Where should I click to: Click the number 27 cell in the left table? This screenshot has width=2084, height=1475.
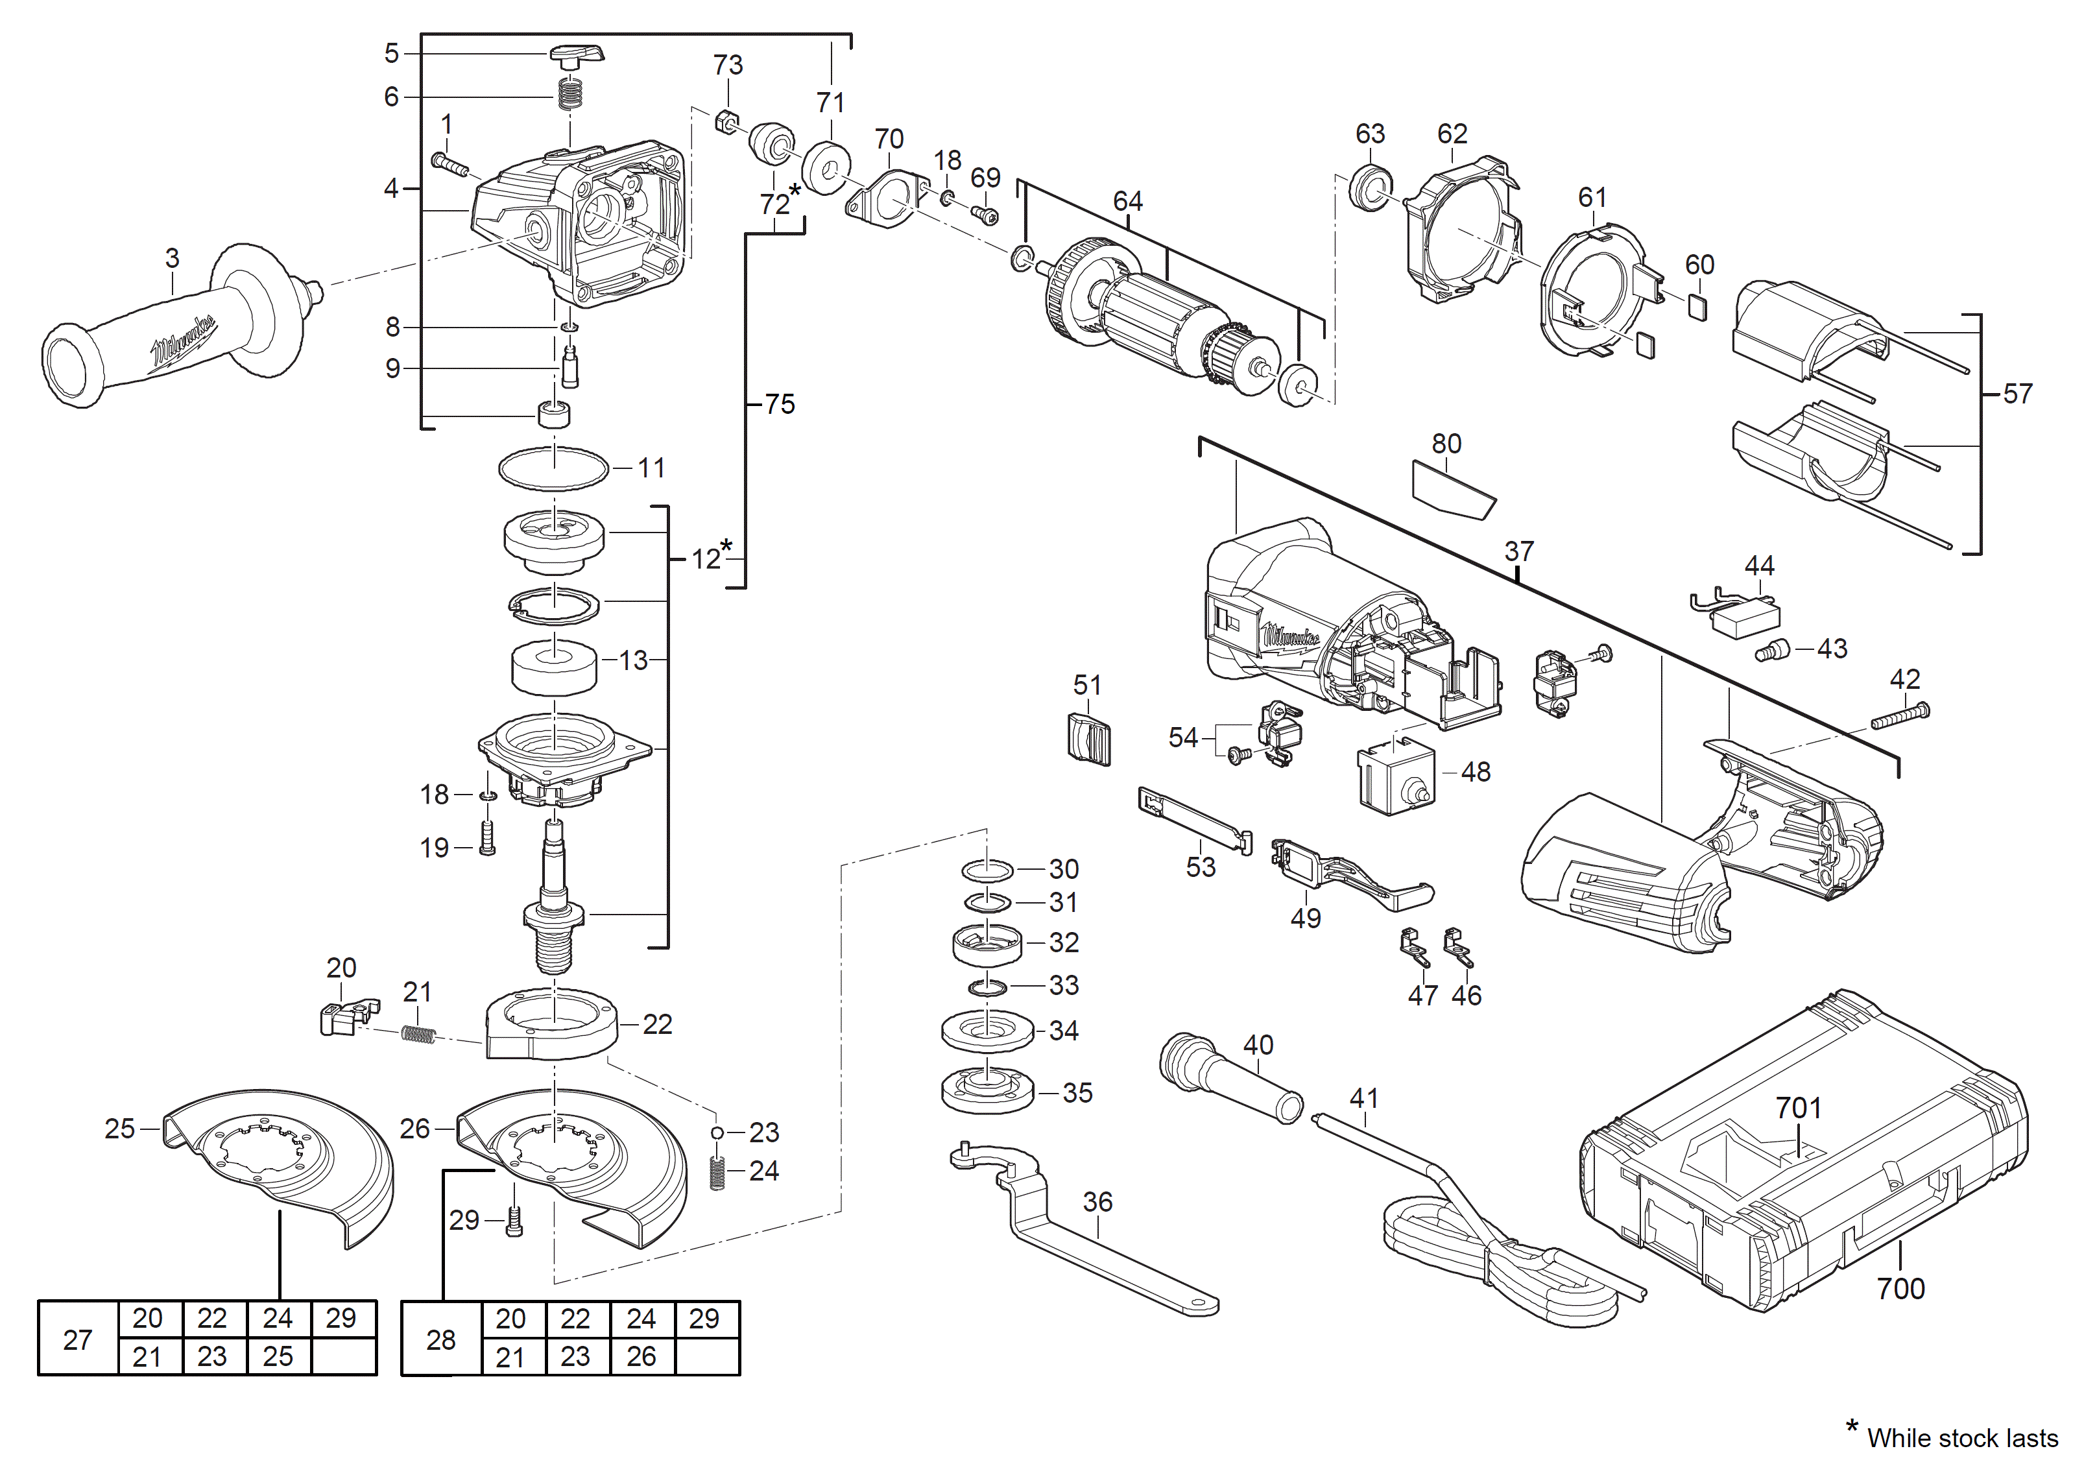coord(77,1339)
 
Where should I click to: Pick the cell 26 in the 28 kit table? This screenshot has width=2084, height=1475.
coord(641,1357)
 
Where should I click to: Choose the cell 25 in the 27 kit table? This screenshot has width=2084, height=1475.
coord(278,1357)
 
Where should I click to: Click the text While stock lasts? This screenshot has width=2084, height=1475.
coord(1962,1439)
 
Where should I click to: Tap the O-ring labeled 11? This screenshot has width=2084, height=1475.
coord(553,468)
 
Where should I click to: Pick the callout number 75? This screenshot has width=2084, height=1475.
coord(779,404)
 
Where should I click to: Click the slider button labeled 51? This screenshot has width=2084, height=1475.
coord(1089,737)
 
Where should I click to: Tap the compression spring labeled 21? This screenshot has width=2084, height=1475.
coord(418,1033)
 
